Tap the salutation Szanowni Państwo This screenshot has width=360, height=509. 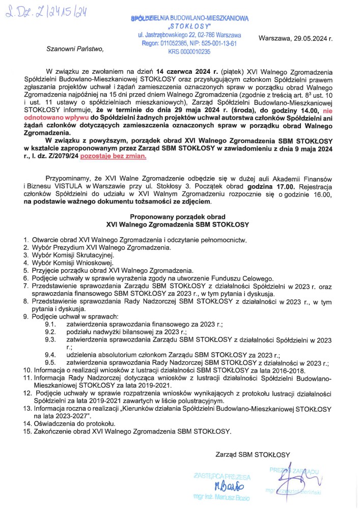pos(74,49)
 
